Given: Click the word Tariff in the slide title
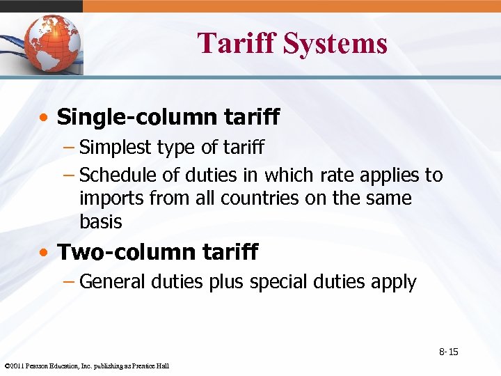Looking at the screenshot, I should [x=237, y=43].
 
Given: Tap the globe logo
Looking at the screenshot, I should [x=51, y=43].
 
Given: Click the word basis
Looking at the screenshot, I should [x=100, y=222].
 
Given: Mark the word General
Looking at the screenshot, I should [x=112, y=282].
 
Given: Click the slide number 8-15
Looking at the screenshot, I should [x=448, y=352].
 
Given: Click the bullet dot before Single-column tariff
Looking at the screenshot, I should [x=44, y=118].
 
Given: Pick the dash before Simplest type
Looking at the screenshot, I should [x=70, y=148].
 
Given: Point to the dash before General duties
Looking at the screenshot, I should [x=70, y=282].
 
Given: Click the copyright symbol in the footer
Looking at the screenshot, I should [x=6, y=366].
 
